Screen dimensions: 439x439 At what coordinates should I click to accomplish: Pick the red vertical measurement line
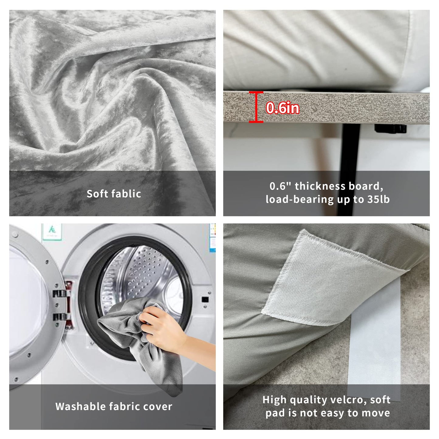tap(256, 107)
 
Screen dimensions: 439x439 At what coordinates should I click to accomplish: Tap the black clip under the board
tap(390, 129)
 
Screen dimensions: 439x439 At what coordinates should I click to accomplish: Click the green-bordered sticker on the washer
tap(52, 232)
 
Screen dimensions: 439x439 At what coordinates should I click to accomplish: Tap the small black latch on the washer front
tap(205, 299)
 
